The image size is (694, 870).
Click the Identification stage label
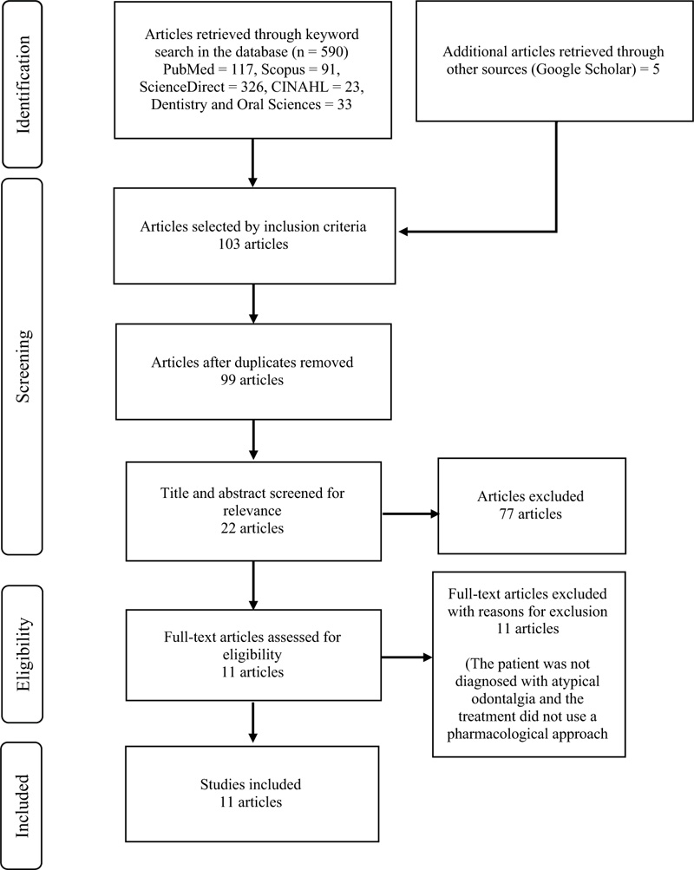tap(23, 84)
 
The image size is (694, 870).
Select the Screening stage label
tap(23, 366)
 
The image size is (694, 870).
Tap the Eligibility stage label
tap(23, 654)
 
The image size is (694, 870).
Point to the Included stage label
tap(23, 806)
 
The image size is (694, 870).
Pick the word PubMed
tap(188, 69)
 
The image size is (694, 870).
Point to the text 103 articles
tap(253, 244)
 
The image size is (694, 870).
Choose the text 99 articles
tap(252, 380)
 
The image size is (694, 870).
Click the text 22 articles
tap(252, 528)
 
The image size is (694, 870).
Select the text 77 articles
tap(530, 513)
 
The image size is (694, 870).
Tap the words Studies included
tap(251, 784)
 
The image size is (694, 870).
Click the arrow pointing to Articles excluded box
tap(410, 513)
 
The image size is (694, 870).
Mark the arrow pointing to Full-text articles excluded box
tap(407, 657)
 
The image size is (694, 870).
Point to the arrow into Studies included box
tap(253, 723)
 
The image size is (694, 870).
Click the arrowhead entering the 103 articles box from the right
tap(403, 232)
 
